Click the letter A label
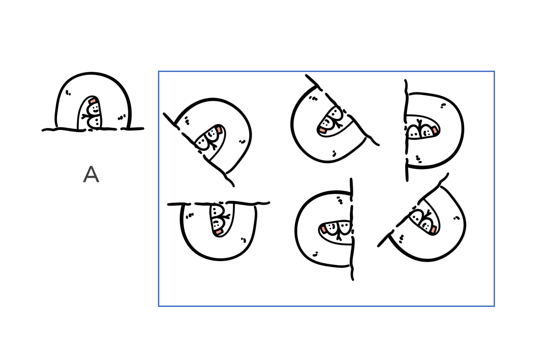[x=91, y=174]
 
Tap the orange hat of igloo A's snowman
[x=93, y=100]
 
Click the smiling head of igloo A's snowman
[x=93, y=109]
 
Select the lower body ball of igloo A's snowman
[x=94, y=122]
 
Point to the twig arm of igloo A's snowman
[x=85, y=117]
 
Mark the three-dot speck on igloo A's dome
[x=122, y=117]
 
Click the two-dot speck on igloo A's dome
[x=68, y=93]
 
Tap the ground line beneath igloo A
[x=93, y=130]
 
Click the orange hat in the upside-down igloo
[x=218, y=232]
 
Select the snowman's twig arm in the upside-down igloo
[x=226, y=216]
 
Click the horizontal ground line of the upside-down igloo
[x=218, y=203]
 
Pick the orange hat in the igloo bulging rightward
[x=434, y=130]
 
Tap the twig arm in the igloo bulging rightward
[x=419, y=123]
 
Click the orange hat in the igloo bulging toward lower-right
[x=433, y=229]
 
